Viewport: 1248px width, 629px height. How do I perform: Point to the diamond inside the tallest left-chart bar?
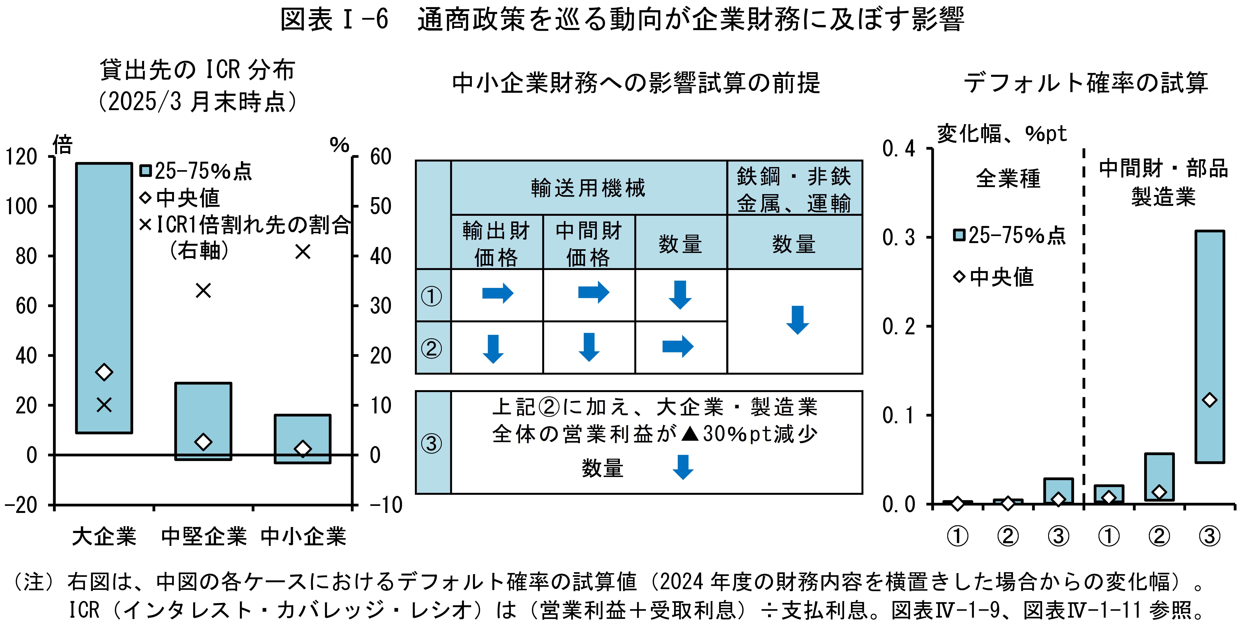pos(104,372)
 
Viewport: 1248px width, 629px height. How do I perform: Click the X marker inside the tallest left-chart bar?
pos(104,405)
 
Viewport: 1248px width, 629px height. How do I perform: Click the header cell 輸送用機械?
pos(588,188)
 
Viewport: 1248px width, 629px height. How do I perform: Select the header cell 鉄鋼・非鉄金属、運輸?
pos(794,189)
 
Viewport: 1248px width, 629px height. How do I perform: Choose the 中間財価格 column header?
pos(589,243)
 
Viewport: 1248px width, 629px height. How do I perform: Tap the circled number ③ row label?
pos(431,443)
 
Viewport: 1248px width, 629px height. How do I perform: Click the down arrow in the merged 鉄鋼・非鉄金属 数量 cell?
pos(797,320)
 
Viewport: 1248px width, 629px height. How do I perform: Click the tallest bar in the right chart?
pos(1210,346)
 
